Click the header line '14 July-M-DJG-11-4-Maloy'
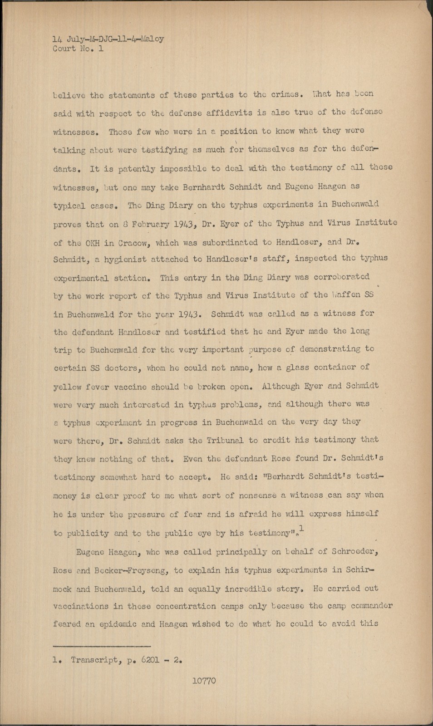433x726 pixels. [x=108, y=39]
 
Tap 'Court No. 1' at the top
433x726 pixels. [x=78, y=49]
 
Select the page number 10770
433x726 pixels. [x=204, y=681]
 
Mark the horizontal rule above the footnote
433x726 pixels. [x=102, y=645]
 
